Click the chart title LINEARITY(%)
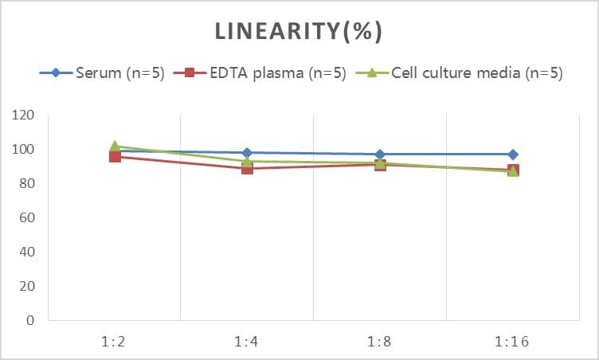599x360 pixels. tap(299, 32)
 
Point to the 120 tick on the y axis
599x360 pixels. tap(24, 115)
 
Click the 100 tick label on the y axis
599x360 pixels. tap(24, 150)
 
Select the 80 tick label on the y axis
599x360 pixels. tap(27, 184)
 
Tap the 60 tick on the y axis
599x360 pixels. tap(27, 218)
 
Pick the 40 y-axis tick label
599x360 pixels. tap(27, 252)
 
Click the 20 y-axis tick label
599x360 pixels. tap(27, 287)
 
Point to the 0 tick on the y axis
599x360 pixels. tap(31, 321)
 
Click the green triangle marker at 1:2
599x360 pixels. tap(115, 147)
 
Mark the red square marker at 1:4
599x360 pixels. tap(247, 168)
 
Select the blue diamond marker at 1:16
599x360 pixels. tap(513, 155)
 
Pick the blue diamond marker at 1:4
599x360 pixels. tap(247, 153)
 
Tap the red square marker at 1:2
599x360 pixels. tap(115, 156)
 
